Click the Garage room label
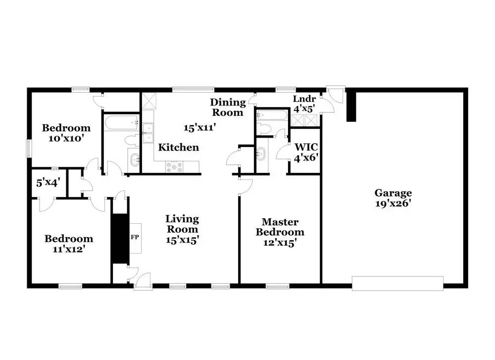pos(393,193)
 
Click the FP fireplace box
pos(134,237)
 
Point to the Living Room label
pos(182,224)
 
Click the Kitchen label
pos(178,148)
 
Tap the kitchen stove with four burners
pos(174,167)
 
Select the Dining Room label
pos(228,107)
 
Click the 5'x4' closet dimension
pos(48,182)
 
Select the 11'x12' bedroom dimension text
pos(68,249)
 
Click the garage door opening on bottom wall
pos(397,283)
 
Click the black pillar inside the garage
pos(351,106)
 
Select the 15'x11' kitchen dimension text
pos(200,128)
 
